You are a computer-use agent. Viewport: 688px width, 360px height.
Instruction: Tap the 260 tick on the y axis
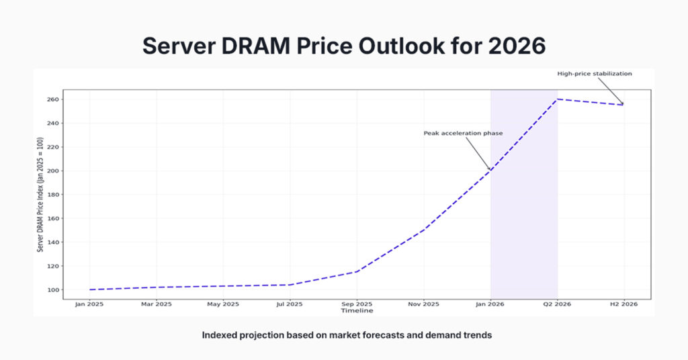[x=54, y=99]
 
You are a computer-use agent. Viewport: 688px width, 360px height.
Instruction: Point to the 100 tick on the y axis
[x=54, y=290]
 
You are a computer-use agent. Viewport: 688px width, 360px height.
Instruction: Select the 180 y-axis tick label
[x=54, y=195]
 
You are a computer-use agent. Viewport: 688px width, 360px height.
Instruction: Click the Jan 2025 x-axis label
[x=89, y=304]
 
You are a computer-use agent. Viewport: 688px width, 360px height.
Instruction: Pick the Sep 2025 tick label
[x=356, y=304]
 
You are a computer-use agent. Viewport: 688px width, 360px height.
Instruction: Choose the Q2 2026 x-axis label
[x=557, y=304]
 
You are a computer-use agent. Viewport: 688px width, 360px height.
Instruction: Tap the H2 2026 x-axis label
[x=623, y=304]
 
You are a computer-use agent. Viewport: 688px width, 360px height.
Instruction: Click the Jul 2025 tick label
[x=290, y=304]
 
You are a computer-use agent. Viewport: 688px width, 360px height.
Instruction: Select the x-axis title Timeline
[x=356, y=311]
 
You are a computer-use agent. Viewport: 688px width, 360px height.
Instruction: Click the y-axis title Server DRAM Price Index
[x=40, y=195]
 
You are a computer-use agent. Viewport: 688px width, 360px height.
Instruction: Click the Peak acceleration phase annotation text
[x=463, y=134]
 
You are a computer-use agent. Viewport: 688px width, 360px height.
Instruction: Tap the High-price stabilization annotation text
[x=595, y=74]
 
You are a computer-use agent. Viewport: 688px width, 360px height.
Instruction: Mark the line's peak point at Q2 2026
[x=557, y=99]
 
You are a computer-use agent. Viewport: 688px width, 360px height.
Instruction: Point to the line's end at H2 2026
[x=623, y=105]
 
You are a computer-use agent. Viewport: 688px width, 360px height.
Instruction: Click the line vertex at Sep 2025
[x=356, y=271]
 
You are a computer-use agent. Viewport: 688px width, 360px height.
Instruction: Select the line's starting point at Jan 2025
[x=89, y=289]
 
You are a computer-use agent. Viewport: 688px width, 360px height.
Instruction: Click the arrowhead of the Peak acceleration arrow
[x=490, y=169]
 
